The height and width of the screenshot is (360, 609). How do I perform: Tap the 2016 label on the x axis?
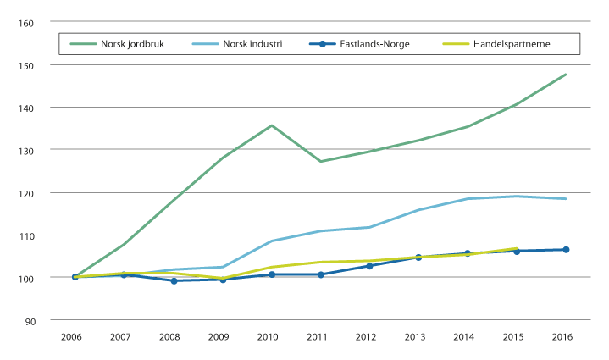pyautogui.click(x=565, y=337)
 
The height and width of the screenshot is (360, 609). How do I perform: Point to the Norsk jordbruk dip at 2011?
pyautogui.click(x=320, y=161)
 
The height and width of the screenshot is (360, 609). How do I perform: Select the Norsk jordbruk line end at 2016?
pyautogui.click(x=566, y=75)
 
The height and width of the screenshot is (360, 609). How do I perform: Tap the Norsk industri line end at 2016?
pyautogui.click(x=566, y=199)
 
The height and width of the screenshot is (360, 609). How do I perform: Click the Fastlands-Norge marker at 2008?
pyautogui.click(x=174, y=280)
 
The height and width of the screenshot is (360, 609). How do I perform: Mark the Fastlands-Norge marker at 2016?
pyautogui.click(x=566, y=250)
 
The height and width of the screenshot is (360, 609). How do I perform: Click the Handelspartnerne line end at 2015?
pyautogui.click(x=517, y=248)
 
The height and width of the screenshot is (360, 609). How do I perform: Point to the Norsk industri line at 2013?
pyautogui.click(x=418, y=210)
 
